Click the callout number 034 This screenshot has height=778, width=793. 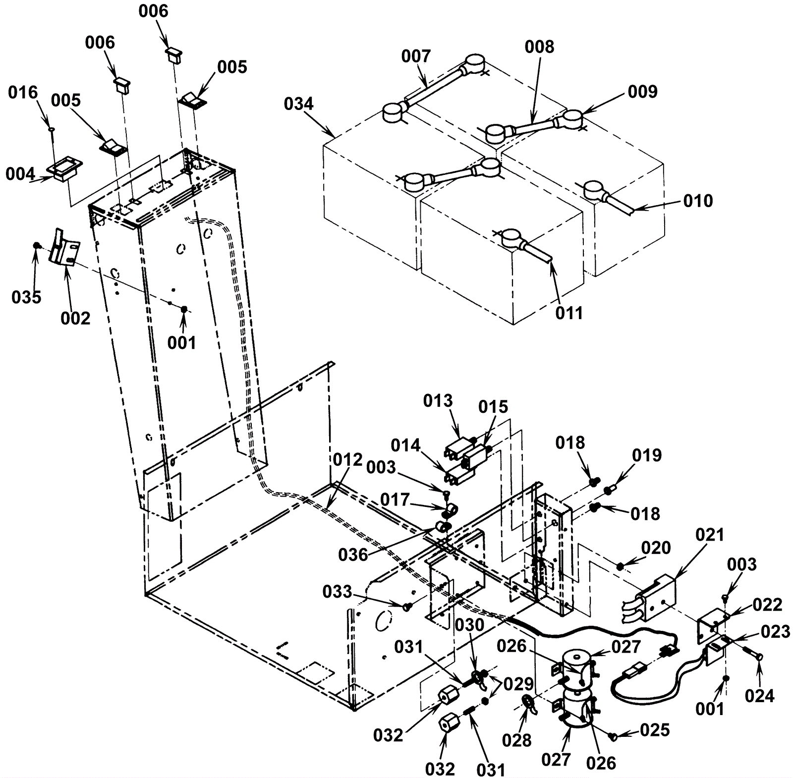299,104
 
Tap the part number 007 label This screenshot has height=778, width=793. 416,56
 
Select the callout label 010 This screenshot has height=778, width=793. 698,201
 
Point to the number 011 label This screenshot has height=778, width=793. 569,313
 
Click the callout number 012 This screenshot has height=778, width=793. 348,460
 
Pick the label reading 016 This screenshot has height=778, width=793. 23,93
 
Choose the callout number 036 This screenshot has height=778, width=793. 353,555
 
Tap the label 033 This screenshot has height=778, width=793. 337,592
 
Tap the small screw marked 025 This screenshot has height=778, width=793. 614,737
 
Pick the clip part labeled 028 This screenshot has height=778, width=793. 529,704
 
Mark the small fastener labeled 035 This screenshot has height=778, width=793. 36,245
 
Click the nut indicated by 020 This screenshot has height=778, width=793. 620,566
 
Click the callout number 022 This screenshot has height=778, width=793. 768,605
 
